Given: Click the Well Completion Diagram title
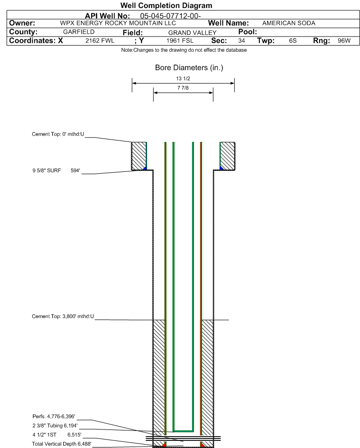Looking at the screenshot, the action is (x=166, y=5).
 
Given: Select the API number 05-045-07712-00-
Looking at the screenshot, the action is (x=170, y=16).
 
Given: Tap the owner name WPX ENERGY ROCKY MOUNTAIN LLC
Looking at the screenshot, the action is (x=118, y=23).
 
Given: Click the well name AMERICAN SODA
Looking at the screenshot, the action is (x=289, y=23).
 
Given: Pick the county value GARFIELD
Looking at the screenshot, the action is (x=79, y=32).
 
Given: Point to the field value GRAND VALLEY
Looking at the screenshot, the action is (x=192, y=33).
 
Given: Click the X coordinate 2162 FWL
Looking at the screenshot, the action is (x=100, y=40).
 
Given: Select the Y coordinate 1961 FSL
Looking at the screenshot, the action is (x=180, y=40).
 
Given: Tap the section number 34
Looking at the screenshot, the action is (x=241, y=40).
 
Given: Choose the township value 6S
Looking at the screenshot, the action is (x=293, y=40).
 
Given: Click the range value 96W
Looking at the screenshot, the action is (x=344, y=40).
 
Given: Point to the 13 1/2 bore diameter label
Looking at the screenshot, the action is (x=183, y=79).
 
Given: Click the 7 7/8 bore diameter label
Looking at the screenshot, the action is (x=183, y=88).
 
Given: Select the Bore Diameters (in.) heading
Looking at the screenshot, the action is (x=189, y=68).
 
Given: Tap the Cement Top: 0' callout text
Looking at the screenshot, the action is (x=58, y=134).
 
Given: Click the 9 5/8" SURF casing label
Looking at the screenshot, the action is (x=46, y=170).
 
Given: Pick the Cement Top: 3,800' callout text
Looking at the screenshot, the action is (x=63, y=316).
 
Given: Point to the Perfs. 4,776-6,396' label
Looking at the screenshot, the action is (x=54, y=417).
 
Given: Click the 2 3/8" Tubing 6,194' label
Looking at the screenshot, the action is (x=55, y=426).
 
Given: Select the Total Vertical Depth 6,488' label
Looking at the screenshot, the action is (x=61, y=444).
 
